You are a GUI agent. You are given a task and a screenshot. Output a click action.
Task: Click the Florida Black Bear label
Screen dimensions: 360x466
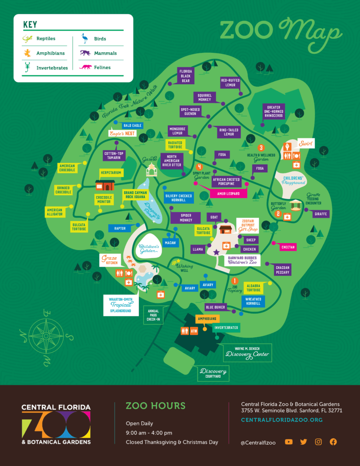click(186, 76)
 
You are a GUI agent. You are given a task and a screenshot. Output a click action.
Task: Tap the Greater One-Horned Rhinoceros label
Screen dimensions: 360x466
click(274, 111)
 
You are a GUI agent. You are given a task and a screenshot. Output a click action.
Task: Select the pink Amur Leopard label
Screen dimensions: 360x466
click(228, 193)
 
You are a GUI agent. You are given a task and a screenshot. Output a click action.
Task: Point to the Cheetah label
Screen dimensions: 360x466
click(288, 247)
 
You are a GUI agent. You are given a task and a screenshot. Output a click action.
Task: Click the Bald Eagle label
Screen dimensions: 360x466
click(132, 126)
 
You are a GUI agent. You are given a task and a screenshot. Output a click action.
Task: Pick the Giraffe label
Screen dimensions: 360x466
click(320, 214)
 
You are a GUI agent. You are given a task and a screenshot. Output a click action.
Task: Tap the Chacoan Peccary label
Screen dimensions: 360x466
click(282, 270)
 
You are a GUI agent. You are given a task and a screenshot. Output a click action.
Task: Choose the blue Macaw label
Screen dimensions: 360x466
click(170, 243)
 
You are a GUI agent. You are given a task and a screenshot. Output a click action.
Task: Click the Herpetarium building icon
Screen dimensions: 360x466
click(105, 185)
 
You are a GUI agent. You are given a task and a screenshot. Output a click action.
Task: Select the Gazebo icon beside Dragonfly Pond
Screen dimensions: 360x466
click(151, 170)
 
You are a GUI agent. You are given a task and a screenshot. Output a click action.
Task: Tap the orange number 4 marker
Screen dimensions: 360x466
click(199, 167)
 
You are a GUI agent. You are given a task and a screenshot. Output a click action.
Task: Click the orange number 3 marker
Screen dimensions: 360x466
click(261, 147)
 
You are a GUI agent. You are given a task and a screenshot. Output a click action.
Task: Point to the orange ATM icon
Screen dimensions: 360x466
click(194, 331)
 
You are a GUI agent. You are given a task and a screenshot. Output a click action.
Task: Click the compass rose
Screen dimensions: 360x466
click(46, 336)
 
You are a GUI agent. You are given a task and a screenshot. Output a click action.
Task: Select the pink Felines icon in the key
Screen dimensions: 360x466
click(86, 67)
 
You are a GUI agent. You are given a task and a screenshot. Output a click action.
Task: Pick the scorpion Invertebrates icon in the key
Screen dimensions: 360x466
click(27, 67)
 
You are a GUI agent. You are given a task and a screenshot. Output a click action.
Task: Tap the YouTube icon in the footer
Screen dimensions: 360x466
click(289, 442)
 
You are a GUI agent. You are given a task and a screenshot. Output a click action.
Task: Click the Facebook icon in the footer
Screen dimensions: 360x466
click(333, 442)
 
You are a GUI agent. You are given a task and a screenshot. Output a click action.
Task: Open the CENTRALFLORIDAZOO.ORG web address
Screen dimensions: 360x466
click(282, 420)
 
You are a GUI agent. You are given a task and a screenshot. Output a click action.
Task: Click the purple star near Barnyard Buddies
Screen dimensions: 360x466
click(217, 252)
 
